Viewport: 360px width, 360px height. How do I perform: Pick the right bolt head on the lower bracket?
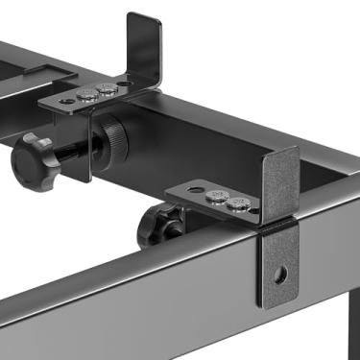point(237,203)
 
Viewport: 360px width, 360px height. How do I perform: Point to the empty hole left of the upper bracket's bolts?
point(65,100)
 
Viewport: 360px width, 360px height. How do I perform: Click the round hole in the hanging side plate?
point(279,275)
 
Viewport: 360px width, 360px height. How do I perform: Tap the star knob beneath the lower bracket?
point(154,227)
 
